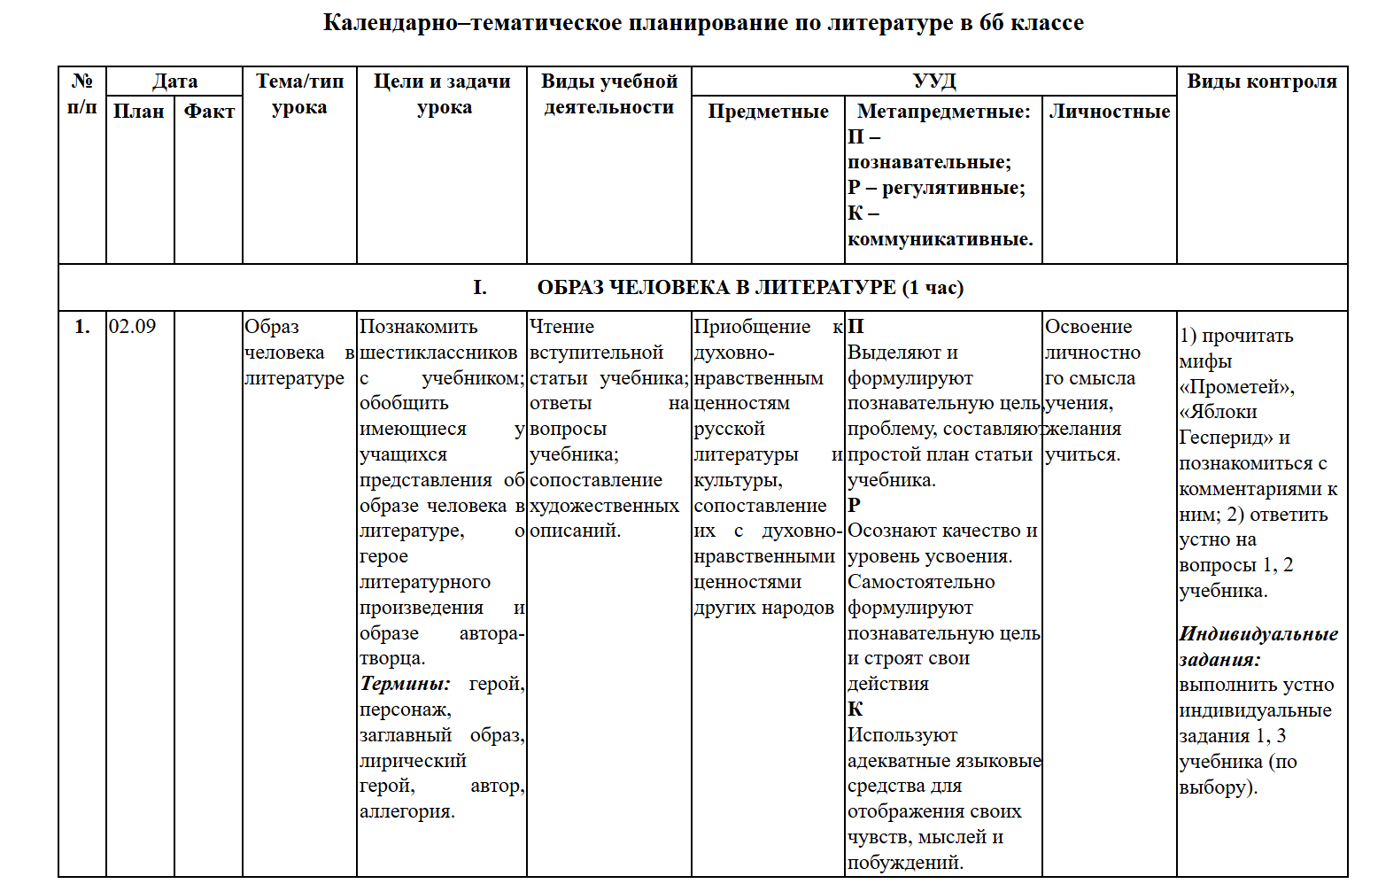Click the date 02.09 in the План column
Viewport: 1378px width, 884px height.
(133, 327)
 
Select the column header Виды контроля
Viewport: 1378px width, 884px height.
(1261, 81)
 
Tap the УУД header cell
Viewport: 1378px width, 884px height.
(933, 81)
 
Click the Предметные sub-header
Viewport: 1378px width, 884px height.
(768, 112)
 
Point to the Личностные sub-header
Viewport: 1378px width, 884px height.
(1109, 112)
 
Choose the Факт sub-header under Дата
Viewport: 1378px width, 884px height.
(209, 112)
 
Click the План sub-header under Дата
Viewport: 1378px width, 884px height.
(139, 112)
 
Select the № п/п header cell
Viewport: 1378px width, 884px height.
(82, 94)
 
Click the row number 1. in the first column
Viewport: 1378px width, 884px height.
(82, 327)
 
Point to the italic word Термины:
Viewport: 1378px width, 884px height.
(405, 684)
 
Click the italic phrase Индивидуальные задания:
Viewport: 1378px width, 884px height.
(1258, 647)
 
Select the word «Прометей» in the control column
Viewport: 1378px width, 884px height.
(1236, 387)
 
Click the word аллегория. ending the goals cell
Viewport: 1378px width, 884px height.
(406, 811)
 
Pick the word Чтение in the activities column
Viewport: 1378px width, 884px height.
(561, 327)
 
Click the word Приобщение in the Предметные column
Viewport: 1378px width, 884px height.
(751, 327)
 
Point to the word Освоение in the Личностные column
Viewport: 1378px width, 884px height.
(1088, 327)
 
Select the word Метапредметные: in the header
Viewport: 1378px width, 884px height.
(943, 112)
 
